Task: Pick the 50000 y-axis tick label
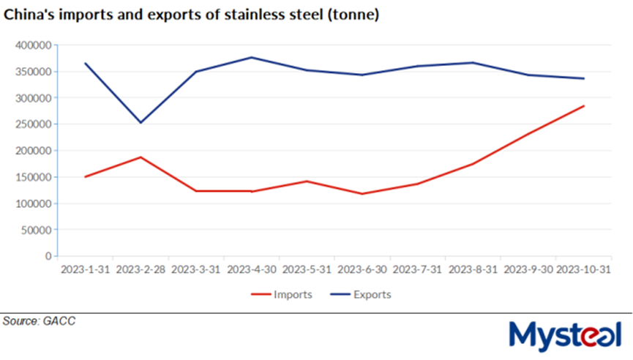tap(35, 230)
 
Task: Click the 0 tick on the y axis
tap(46, 256)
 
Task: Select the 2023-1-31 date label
tap(85, 269)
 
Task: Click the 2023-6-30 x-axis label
tap(362, 269)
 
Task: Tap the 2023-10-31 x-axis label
tap(583, 269)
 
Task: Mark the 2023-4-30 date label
tap(251, 269)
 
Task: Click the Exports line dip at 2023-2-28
tap(141, 122)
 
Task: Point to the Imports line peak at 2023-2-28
tap(141, 157)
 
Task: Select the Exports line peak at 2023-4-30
tap(251, 57)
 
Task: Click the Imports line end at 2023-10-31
tap(583, 106)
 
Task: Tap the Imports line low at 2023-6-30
tap(362, 194)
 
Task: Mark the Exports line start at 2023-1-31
tap(85, 64)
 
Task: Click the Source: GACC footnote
tap(39, 320)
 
